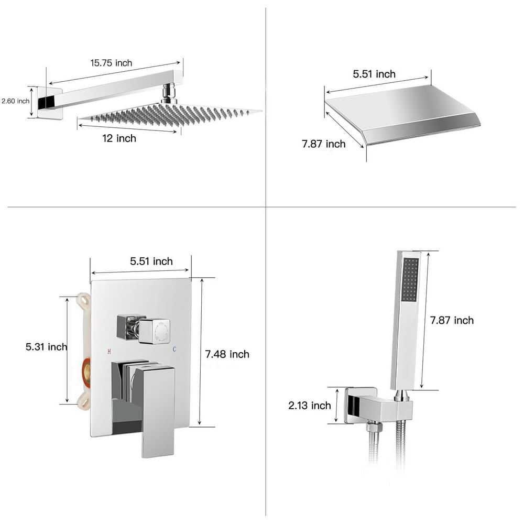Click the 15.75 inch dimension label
[x=111, y=63]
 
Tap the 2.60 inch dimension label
[x=15, y=101]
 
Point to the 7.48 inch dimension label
[x=227, y=354]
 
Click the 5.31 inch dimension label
[x=47, y=347]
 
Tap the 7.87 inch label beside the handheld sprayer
[x=452, y=320]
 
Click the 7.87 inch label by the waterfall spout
[x=323, y=144]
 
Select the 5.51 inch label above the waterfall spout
[x=374, y=74]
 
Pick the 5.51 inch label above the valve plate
[x=151, y=261]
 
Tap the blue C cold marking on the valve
[x=174, y=348]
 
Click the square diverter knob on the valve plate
[x=154, y=331]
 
